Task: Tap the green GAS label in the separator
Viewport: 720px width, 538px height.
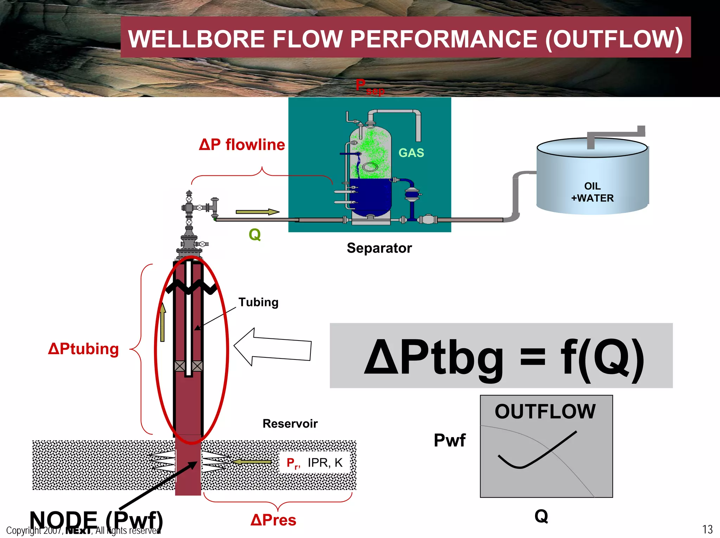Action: (x=411, y=153)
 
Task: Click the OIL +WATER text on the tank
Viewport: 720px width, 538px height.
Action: (x=592, y=192)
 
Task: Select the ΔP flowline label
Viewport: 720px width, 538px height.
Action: (x=242, y=145)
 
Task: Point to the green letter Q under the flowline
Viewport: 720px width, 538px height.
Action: (x=255, y=234)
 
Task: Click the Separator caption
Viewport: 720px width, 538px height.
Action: (x=379, y=248)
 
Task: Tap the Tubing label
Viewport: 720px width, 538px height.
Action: (x=258, y=302)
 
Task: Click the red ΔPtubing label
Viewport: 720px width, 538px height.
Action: (x=83, y=349)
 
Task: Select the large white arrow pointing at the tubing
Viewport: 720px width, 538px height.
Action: (x=272, y=348)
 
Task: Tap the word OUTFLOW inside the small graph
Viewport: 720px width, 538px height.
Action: (x=545, y=411)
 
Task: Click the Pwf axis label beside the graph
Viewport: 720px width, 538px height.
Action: (x=449, y=440)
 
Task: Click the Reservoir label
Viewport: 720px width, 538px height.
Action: (x=290, y=424)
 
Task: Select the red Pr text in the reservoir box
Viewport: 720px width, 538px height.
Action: (x=292, y=463)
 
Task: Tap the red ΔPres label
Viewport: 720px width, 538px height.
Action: (x=274, y=520)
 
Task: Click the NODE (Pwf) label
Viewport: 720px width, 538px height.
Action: (x=96, y=520)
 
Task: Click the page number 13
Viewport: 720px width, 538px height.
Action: (x=707, y=529)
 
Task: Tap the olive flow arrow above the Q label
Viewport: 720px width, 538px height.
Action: (x=257, y=212)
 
